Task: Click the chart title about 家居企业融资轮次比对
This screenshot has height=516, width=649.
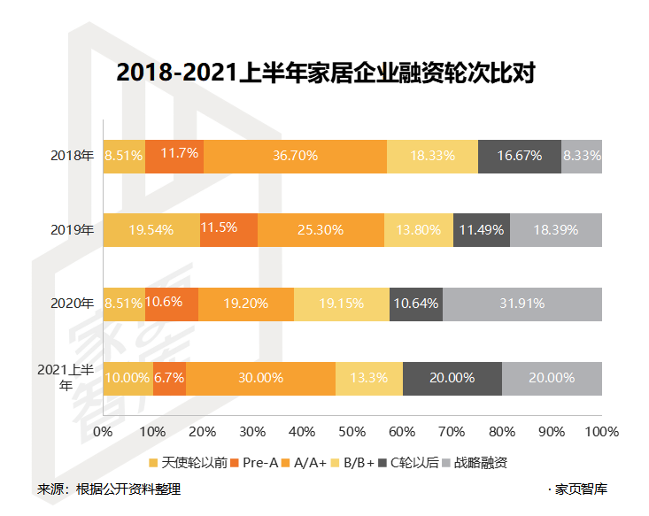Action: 325,73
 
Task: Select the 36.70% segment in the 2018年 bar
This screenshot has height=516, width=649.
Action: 295,156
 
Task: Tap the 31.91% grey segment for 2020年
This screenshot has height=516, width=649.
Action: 522,304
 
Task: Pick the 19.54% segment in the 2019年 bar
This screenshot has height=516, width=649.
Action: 151,230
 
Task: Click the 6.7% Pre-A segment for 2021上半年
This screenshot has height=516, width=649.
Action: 169,378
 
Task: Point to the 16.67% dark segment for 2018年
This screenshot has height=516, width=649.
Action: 519,156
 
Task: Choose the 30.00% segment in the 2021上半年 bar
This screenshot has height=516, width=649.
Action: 260,378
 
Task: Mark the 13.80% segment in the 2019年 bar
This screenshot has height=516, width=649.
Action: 418,230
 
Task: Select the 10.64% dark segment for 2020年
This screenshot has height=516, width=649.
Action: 415,304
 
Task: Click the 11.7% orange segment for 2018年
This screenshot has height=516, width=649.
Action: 174,156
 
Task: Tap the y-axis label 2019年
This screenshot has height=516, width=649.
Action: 72,230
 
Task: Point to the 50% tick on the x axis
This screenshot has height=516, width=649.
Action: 352,432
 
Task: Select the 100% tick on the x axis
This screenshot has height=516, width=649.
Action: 602,432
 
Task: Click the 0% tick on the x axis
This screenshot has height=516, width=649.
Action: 103,432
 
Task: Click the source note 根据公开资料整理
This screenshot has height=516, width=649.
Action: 127,489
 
